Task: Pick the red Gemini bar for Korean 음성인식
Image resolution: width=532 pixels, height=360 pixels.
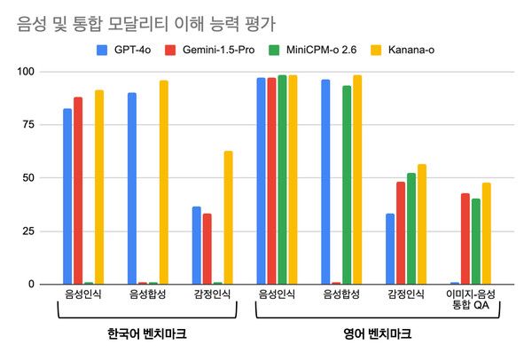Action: pos(78,191)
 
